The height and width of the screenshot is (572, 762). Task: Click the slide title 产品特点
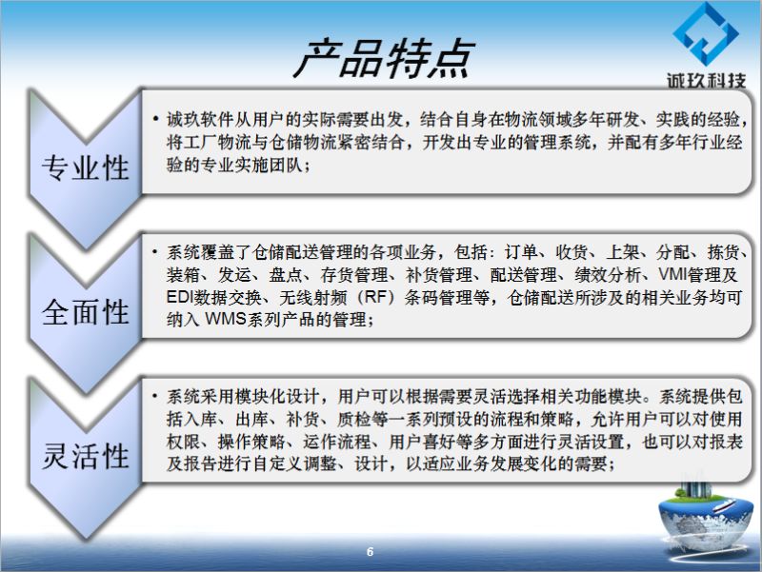(384, 59)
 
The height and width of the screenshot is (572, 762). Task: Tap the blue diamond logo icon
(706, 33)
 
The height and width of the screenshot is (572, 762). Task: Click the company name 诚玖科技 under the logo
(706, 81)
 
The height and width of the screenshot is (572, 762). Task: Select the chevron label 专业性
(86, 168)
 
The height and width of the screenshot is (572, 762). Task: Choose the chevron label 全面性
(86, 312)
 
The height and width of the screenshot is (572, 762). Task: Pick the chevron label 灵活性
(86, 456)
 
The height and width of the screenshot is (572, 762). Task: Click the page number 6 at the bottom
(370, 552)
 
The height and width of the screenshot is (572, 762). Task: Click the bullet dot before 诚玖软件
(155, 118)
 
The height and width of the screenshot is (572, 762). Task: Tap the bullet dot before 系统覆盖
(155, 251)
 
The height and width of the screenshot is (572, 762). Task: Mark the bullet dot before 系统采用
(155, 396)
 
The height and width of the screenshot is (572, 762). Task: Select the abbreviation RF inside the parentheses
(374, 297)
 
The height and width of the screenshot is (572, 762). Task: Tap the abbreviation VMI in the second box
(672, 274)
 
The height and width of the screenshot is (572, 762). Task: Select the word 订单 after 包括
(521, 252)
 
